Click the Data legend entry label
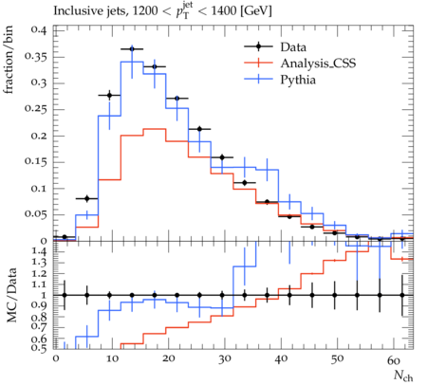coord(293,47)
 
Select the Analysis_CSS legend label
coord(318,64)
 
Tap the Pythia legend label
coord(298,80)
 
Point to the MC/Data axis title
coord(11,295)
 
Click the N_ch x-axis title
coord(403,376)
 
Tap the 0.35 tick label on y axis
coord(35,57)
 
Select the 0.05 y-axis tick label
coord(35,214)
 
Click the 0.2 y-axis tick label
coord(38,136)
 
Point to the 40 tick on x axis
coord(281,359)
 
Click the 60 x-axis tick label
coord(394,359)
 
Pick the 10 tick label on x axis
coord(112,359)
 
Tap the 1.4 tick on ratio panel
coord(39,251)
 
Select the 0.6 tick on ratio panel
coord(39,339)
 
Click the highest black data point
coord(132,49)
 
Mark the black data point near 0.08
coord(87,198)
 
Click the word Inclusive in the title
coord(75,10)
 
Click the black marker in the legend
coord(258,46)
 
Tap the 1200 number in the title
coord(145,10)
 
